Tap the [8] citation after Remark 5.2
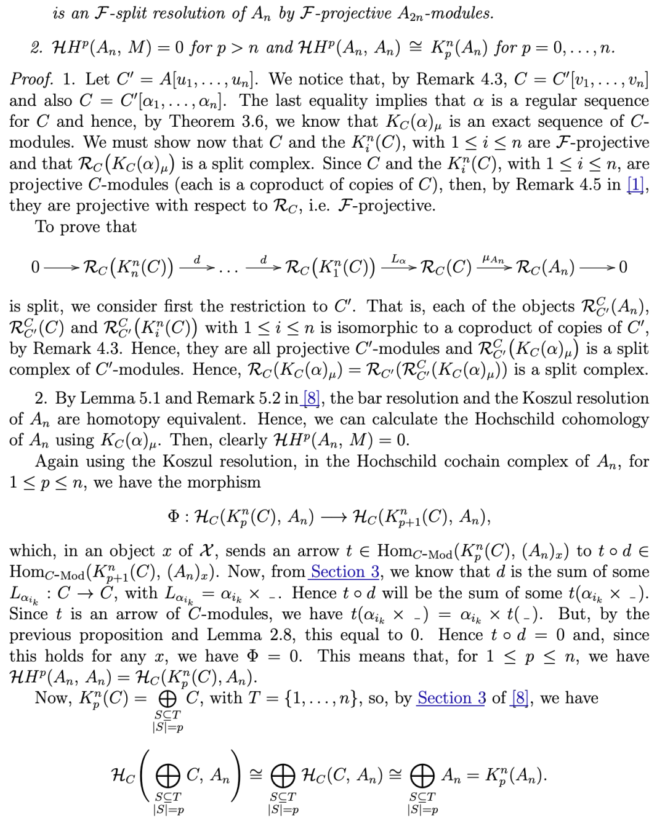[x=312, y=398]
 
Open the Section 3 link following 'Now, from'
[x=345, y=572]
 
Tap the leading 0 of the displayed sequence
[x=36, y=267]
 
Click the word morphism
[x=225, y=482]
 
